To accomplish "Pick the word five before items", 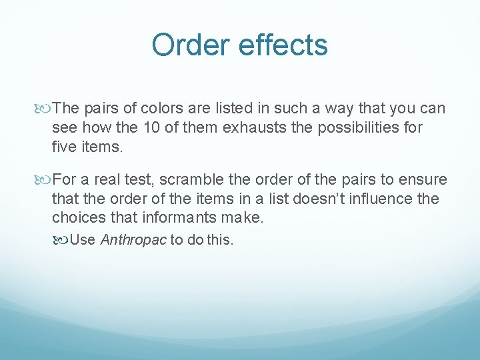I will tap(65, 146).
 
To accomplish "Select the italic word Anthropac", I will tap(133, 240).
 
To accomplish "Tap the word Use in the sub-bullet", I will tap(83, 240).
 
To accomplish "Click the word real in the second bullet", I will tap(105, 180).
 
